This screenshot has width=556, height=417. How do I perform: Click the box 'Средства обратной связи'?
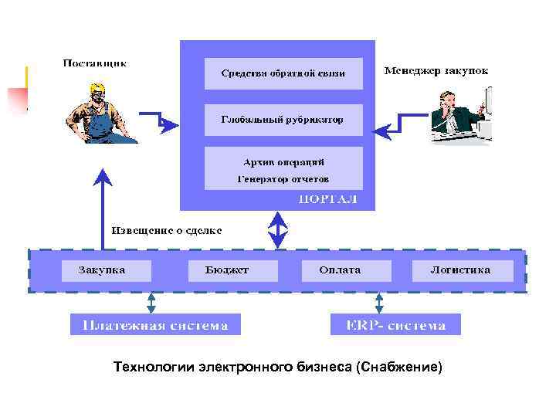pos(283,73)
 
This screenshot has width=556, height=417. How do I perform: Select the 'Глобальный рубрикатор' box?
pos(283,120)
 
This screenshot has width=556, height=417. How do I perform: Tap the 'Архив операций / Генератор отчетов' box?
pos(283,168)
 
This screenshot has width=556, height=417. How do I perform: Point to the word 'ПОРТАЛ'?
pos(328,200)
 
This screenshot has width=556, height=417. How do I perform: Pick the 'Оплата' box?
pos(341,270)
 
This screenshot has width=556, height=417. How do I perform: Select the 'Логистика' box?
pos(461,270)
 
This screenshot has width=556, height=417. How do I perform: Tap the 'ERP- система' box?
pos(395,324)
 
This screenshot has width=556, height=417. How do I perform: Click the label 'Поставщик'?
pos(95,63)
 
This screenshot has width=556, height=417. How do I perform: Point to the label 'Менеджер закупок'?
pos(436,71)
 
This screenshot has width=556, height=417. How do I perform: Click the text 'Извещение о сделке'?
pos(168,229)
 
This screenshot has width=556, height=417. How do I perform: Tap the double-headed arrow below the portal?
pos(278,229)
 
